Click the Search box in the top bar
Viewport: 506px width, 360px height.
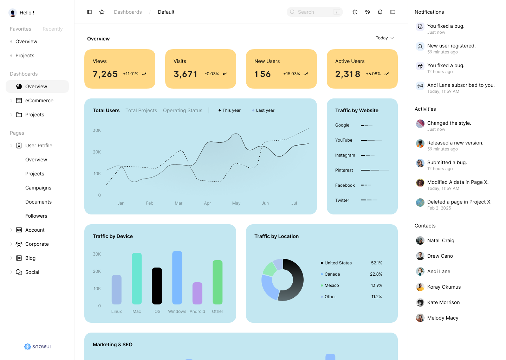pyautogui.click(x=314, y=12)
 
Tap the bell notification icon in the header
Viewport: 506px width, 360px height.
pyautogui.click(x=380, y=12)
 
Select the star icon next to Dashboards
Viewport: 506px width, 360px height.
pyautogui.click(x=102, y=12)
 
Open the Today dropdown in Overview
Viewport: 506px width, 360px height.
pyautogui.click(x=384, y=38)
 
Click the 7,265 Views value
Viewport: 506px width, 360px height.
pyautogui.click(x=105, y=74)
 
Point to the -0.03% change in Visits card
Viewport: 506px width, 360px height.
pyautogui.click(x=212, y=74)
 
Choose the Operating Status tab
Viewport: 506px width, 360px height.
pyautogui.click(x=183, y=110)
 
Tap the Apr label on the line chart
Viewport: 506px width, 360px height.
pyautogui.click(x=207, y=203)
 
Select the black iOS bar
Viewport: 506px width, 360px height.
pyautogui.click(x=157, y=286)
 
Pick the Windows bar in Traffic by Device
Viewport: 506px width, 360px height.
pyautogui.click(x=177, y=278)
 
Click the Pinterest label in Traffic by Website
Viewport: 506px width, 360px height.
pyautogui.click(x=344, y=170)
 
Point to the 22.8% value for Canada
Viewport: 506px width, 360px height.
pyautogui.click(x=376, y=274)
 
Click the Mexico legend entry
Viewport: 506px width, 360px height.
pyautogui.click(x=331, y=285)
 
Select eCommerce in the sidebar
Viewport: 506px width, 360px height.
pyautogui.click(x=39, y=101)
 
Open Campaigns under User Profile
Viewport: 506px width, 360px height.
pyautogui.click(x=38, y=188)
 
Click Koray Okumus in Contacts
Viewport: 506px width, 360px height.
pyautogui.click(x=444, y=287)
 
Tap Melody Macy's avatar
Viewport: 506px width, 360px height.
pyautogui.click(x=420, y=318)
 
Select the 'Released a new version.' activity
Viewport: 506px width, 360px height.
pyautogui.click(x=455, y=143)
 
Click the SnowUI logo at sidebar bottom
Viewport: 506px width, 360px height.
pyautogui.click(x=37, y=347)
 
